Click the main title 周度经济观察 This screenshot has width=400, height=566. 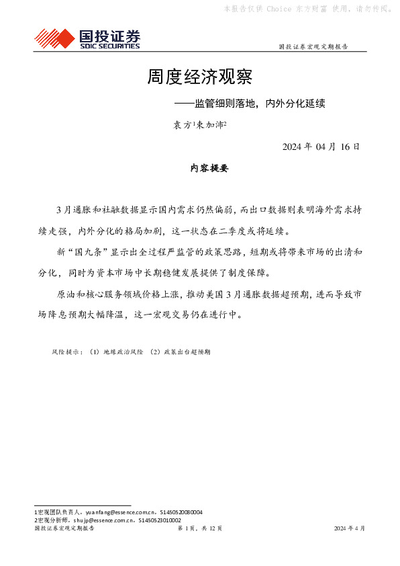tap(199, 77)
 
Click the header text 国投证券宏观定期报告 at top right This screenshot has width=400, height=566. tap(313, 47)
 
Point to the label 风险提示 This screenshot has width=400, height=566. tap(66, 352)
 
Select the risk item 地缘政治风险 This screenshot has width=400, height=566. tap(119, 352)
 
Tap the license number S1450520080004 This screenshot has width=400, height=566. tap(181, 512)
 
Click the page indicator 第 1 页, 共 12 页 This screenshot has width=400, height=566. tap(199, 529)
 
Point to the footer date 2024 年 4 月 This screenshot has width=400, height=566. tap(350, 529)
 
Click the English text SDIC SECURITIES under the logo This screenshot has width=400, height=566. tap(109, 46)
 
